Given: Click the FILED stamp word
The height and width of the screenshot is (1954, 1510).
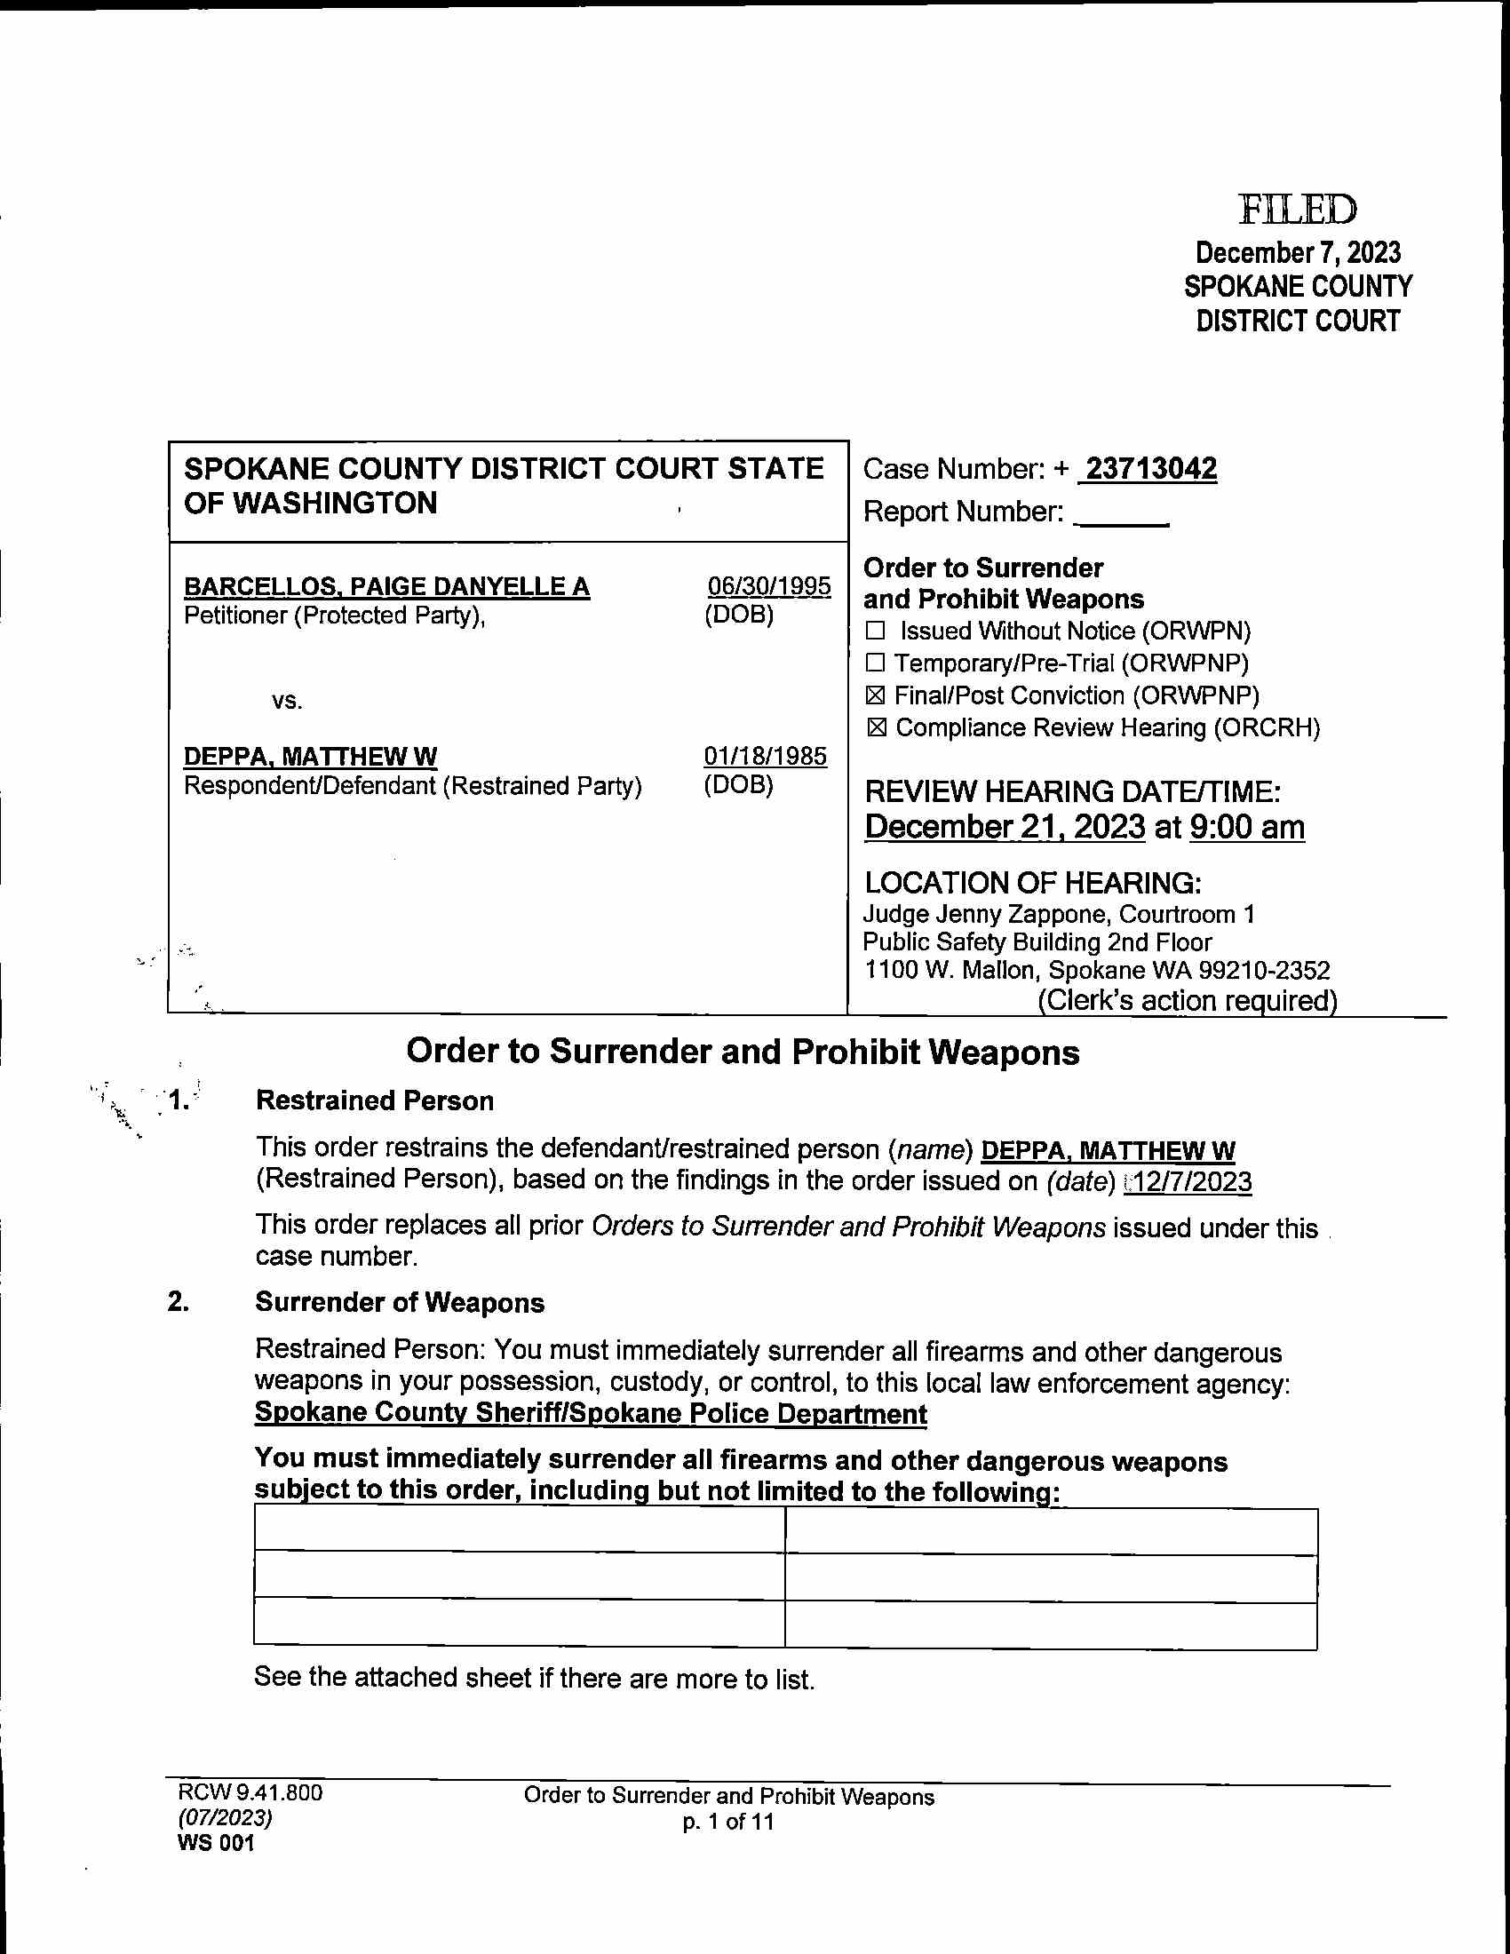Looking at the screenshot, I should click(x=1297, y=210).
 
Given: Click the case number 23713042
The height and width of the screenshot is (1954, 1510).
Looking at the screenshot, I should click(x=1149, y=468).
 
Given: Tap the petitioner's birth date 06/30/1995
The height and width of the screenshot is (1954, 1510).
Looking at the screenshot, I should click(x=768, y=586).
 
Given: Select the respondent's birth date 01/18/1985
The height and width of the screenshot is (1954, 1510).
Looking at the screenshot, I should click(x=765, y=756).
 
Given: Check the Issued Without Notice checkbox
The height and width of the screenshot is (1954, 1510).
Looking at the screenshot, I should click(x=876, y=631).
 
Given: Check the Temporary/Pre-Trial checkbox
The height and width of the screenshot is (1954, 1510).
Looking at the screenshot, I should click(x=876, y=663).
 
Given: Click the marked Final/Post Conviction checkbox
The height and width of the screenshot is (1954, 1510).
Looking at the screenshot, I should click(x=876, y=695).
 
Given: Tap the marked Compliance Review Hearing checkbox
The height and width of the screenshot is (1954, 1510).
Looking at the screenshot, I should click(x=877, y=727).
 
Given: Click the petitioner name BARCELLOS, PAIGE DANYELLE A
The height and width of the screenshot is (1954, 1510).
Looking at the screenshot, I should click(x=386, y=586).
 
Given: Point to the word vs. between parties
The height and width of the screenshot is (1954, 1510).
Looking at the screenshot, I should click(x=287, y=701).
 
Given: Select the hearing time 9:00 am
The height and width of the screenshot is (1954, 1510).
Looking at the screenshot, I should click(x=1247, y=827).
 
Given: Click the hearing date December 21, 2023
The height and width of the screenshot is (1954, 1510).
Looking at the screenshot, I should click(x=1005, y=827).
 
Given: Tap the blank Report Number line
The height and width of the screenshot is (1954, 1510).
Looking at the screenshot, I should click(x=1122, y=515).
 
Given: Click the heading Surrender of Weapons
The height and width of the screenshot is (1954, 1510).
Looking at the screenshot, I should click(x=399, y=1302).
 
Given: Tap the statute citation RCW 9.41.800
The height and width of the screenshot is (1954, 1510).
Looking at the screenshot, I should click(x=250, y=1792).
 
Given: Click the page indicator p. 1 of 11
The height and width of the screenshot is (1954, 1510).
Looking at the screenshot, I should click(x=728, y=1822).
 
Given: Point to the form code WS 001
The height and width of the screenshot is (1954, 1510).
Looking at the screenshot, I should click(x=216, y=1843).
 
